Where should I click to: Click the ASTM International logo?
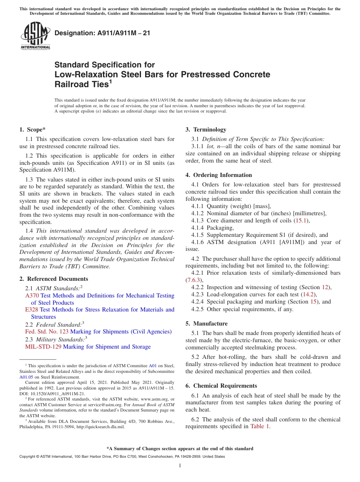tap(35, 36)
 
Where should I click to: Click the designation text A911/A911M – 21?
tap(102, 33)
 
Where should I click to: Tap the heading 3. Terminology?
tap(206, 130)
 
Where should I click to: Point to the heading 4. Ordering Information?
tap(219, 175)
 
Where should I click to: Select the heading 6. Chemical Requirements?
tap(221, 386)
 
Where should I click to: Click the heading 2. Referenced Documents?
tap(49, 279)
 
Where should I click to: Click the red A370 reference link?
tap(32, 296)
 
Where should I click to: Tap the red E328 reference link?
tap(32, 310)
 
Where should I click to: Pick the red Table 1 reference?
tap(260, 426)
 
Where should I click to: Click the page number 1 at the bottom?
tap(180, 466)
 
